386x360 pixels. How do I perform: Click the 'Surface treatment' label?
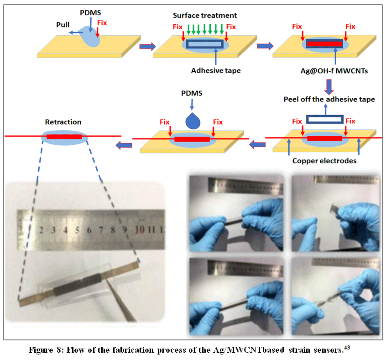click(x=205, y=15)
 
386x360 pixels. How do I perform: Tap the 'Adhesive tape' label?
click(x=216, y=71)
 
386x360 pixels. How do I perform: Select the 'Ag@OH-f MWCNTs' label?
click(x=334, y=71)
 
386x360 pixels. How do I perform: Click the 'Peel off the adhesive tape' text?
click(x=329, y=99)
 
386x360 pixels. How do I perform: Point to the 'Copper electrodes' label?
click(x=324, y=161)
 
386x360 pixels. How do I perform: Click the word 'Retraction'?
click(x=63, y=122)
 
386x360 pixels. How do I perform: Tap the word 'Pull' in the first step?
click(x=63, y=25)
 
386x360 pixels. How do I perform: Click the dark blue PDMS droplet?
click(x=193, y=121)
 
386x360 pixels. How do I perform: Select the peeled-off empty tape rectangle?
click(x=325, y=119)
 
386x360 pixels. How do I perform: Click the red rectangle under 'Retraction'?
click(x=64, y=137)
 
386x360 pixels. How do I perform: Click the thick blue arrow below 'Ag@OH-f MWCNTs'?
click(x=329, y=87)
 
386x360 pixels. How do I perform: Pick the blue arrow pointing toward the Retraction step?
click(x=124, y=145)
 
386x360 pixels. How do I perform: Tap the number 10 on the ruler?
click(x=140, y=230)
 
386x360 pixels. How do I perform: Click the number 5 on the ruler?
click(x=77, y=230)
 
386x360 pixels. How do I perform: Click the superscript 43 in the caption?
click(x=347, y=347)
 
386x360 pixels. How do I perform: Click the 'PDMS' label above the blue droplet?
click(x=192, y=93)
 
